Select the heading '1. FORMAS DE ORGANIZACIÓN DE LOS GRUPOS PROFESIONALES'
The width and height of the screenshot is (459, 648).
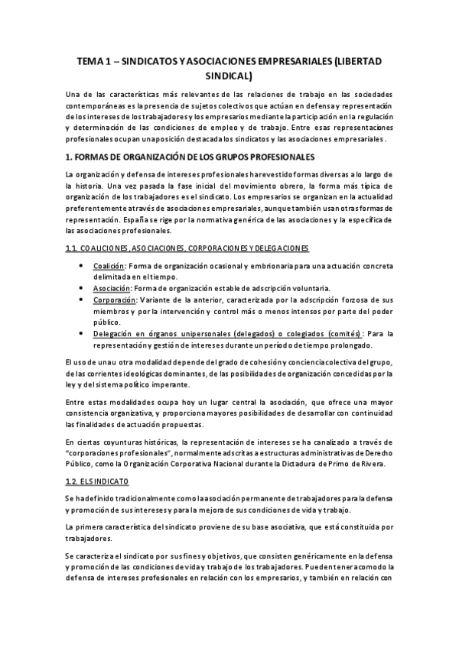[190, 157]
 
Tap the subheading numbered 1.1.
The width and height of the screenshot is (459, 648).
[187, 248]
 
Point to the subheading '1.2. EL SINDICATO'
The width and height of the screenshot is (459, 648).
[97, 482]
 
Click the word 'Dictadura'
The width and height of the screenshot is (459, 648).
[288, 464]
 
